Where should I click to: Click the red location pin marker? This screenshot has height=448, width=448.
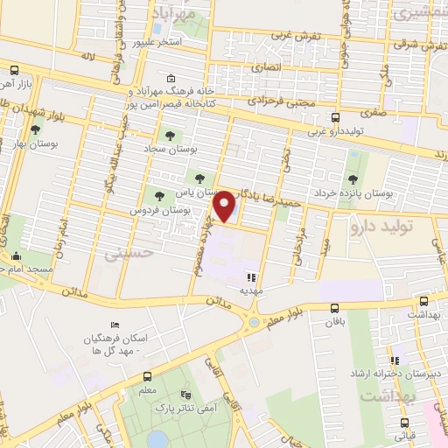tap(227, 206)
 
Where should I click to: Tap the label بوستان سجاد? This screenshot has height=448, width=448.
tap(171, 150)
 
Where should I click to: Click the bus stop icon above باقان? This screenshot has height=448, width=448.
tap(335, 308)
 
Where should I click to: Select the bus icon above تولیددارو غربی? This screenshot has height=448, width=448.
tap(335, 116)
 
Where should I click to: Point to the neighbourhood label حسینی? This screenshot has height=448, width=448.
tap(122, 253)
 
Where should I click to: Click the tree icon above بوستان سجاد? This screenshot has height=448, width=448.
tap(170, 136)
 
